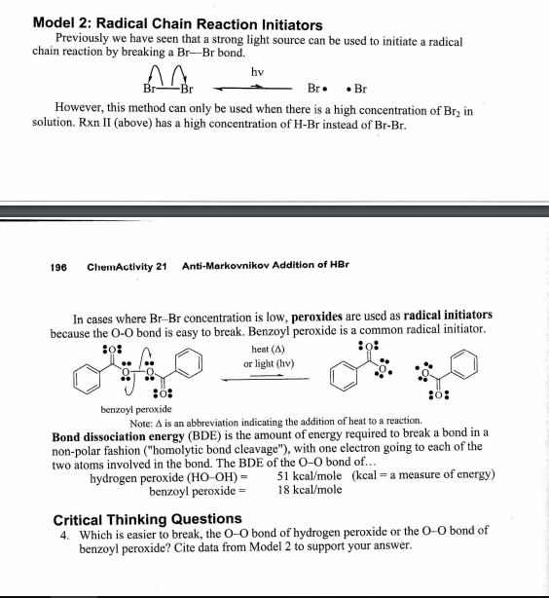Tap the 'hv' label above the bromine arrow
tap(257, 71)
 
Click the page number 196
tap(59, 265)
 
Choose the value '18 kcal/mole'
tap(309, 489)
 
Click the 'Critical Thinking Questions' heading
tap(146, 519)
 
